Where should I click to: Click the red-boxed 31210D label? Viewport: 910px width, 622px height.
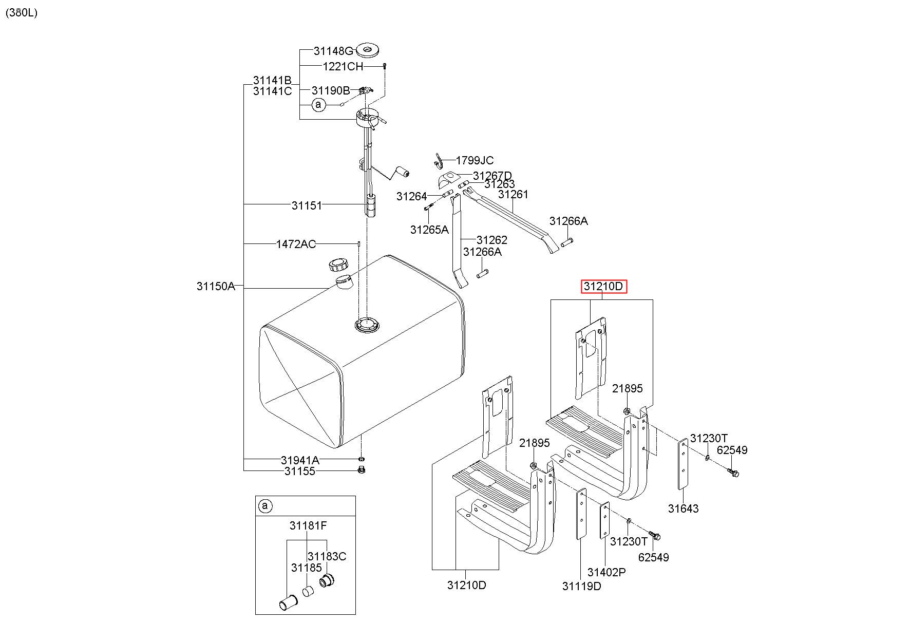pos(603,286)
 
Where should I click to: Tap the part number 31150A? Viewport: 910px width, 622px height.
pos(216,286)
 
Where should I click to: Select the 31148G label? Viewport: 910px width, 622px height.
pos(334,51)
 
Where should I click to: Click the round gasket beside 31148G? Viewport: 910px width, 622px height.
pos(368,50)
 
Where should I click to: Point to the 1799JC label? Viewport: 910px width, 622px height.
pos(475,160)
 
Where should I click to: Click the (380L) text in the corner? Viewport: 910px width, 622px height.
pos(22,13)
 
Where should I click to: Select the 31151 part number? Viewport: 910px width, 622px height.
pos(307,205)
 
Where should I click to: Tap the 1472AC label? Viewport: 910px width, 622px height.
pos(296,244)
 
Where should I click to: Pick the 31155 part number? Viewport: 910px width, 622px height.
pos(300,471)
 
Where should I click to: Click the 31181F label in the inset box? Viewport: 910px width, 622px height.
pos(308,525)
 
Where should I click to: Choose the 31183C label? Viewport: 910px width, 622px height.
pos(327,556)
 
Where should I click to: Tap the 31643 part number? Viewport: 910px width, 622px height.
pos(684,508)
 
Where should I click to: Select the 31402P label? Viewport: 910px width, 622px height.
pos(606,572)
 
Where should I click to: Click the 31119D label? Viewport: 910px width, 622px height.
pos(581,586)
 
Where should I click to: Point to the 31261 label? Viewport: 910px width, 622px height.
pos(513,194)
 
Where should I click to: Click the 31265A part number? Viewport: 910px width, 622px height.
pos(429,230)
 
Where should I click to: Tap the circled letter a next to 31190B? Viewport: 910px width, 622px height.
pos(319,105)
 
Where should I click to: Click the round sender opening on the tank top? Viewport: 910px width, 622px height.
pos(368,325)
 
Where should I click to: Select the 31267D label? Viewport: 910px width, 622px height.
pos(492,176)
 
